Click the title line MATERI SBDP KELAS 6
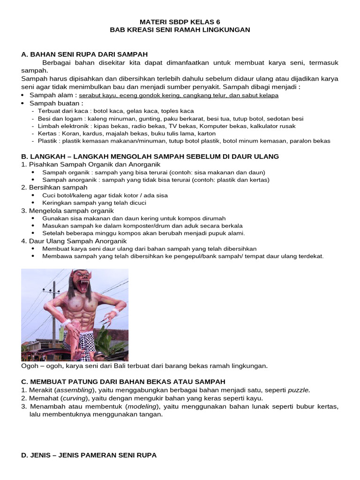(180, 22)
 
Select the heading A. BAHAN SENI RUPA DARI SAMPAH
(84, 54)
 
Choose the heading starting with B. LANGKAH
(150, 156)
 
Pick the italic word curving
(70, 398)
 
